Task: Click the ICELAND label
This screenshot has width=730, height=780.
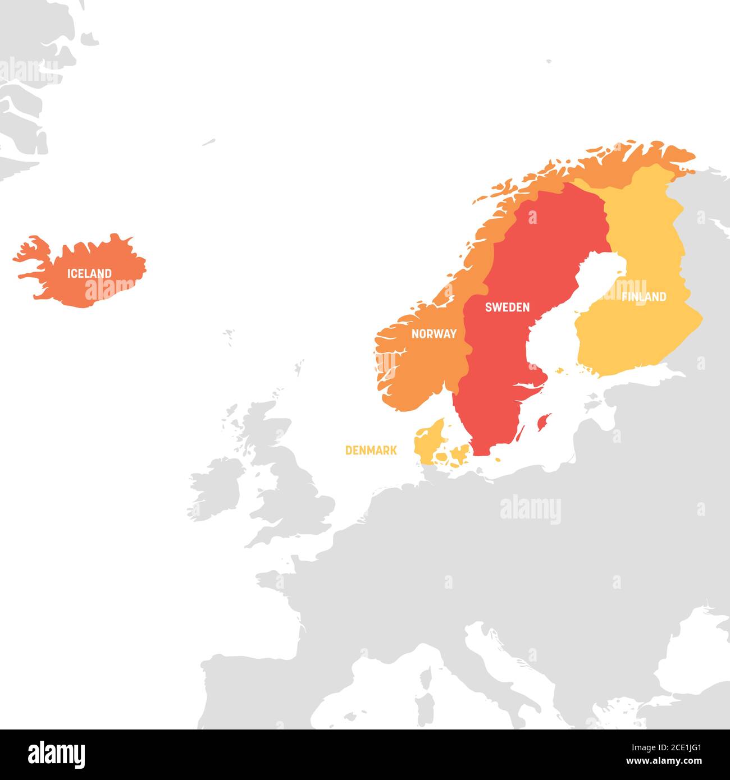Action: (89, 274)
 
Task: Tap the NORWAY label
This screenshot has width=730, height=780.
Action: (434, 334)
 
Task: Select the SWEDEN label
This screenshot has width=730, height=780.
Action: (507, 307)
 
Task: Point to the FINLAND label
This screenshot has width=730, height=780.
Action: (644, 297)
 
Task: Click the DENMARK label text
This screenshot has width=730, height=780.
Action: (371, 450)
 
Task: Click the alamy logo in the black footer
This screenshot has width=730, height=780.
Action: (56, 754)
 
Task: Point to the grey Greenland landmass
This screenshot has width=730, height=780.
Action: (28, 84)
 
